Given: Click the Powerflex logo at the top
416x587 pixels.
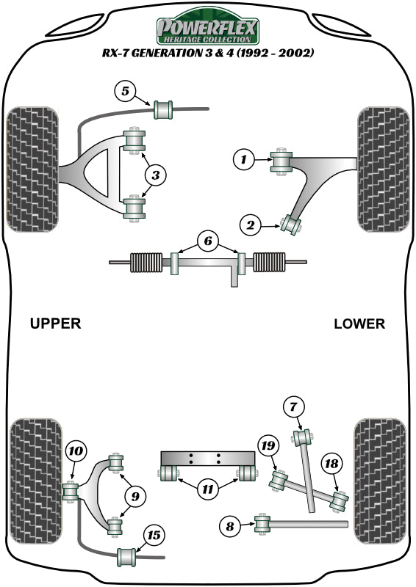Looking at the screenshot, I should (x=207, y=29).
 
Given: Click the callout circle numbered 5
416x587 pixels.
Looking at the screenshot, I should (x=125, y=92).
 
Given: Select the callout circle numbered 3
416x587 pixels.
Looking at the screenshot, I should (x=156, y=175).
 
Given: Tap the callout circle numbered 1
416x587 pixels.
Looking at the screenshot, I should (x=243, y=158).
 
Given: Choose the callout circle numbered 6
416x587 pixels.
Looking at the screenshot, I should (x=207, y=241).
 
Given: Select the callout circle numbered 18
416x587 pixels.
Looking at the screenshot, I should (x=331, y=463).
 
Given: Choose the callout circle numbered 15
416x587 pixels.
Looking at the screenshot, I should (x=153, y=535).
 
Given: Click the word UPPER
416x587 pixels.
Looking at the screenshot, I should (x=55, y=324).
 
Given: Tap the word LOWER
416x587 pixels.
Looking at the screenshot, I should (x=359, y=324).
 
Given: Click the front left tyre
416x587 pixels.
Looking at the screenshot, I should (x=31, y=169).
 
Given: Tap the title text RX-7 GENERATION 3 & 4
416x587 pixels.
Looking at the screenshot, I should (x=207, y=54).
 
